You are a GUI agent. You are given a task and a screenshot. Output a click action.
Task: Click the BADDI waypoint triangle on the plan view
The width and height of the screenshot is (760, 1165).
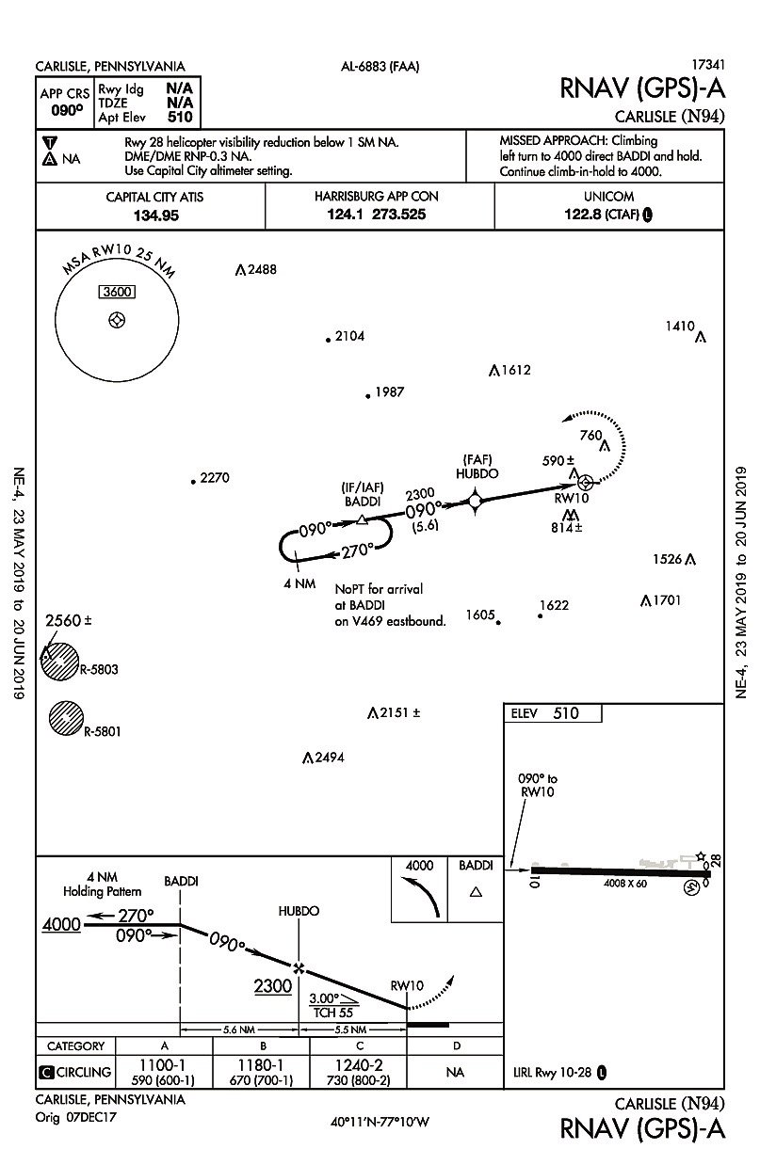pos(362,519)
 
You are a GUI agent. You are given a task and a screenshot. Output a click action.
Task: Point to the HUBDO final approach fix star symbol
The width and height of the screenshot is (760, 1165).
pos(475,502)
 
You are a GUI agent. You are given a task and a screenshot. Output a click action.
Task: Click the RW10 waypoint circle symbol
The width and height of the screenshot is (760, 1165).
pos(585,482)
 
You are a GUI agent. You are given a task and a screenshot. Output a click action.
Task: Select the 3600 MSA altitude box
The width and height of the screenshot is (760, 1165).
pos(116,292)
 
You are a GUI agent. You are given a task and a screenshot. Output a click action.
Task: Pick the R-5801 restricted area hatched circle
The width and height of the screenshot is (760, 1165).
pos(67,718)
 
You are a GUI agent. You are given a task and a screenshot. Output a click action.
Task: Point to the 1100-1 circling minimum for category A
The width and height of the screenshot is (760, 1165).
pos(165,1063)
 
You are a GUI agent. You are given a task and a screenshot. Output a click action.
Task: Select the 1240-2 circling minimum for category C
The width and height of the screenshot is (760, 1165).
pos(359,1063)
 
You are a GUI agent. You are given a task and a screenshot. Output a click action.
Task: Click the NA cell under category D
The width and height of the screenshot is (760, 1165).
pos(456,1071)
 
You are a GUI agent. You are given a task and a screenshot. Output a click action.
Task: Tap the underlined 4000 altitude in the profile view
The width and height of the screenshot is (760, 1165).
pos(61,925)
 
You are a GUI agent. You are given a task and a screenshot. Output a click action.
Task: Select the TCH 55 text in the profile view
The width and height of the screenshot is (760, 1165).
pos(335,1014)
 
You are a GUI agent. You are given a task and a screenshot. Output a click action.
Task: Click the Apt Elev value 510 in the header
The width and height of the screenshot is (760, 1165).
pos(180,118)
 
